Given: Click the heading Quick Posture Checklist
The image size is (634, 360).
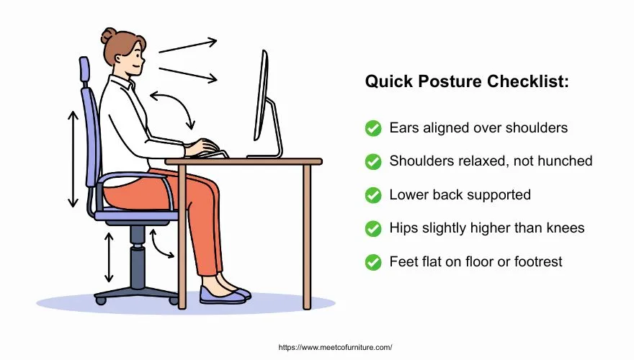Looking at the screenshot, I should [467, 82].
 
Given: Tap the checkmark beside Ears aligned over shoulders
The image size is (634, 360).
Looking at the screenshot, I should [373, 128].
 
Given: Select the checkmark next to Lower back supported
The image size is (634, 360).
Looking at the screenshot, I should [373, 195].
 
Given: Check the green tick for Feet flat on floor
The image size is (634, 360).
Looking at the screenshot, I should [373, 261].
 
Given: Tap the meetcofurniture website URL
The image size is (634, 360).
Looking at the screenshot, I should [334, 346].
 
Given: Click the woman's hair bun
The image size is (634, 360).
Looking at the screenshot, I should [109, 35].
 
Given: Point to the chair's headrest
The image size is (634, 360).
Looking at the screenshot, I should [84, 71].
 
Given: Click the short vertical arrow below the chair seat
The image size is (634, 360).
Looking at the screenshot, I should [109, 256].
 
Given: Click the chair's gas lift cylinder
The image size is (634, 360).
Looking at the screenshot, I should [138, 262].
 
